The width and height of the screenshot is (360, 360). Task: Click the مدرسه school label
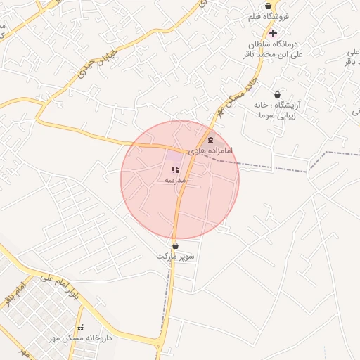click(x=174, y=180)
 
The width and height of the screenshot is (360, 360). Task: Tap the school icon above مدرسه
click(x=175, y=169)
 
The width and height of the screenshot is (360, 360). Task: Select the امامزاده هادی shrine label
click(x=211, y=151)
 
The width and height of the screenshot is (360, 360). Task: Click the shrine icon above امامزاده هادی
click(x=212, y=141)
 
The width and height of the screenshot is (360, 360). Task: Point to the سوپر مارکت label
click(x=175, y=257)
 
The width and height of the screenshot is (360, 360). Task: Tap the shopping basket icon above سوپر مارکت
click(x=175, y=246)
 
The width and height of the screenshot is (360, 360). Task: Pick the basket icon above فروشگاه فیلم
click(x=269, y=6)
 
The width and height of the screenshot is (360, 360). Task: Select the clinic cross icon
click(x=273, y=33)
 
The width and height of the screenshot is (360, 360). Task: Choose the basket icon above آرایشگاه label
click(x=277, y=94)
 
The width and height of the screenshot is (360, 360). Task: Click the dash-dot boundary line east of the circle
click(x=274, y=167)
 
